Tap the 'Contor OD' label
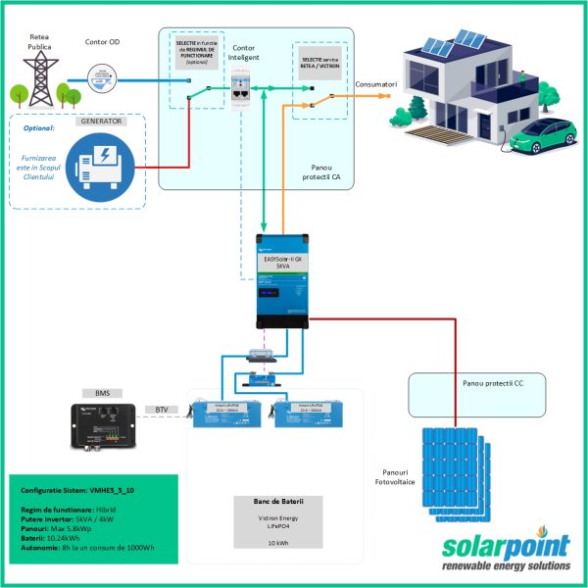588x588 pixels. pos(103,42)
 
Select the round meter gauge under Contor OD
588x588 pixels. pos(99,74)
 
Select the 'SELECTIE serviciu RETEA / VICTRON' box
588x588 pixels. pos(320,65)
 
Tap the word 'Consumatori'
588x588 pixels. pos(376,85)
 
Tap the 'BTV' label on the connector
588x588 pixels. pos(163,410)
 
